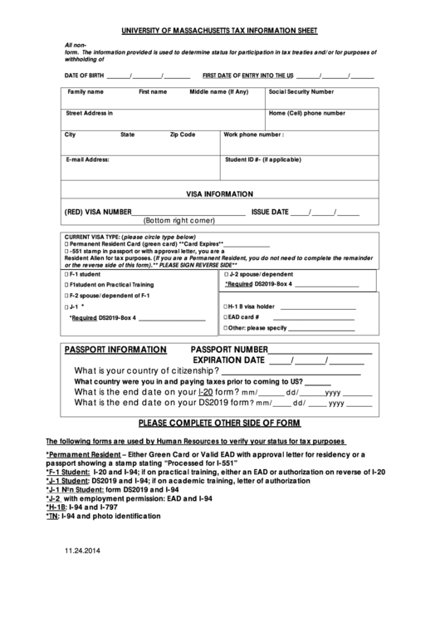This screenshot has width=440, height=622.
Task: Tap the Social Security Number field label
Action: (x=301, y=92)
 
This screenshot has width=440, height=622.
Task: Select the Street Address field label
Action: (x=89, y=113)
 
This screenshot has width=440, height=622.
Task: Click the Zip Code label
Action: (x=183, y=134)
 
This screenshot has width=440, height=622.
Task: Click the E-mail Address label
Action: (x=87, y=159)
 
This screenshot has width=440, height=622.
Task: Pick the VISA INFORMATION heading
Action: (x=219, y=193)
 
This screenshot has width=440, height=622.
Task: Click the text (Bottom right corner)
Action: (x=179, y=222)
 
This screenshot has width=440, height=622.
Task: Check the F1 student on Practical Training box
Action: (x=66, y=285)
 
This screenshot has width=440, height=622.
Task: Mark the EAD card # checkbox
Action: (x=225, y=317)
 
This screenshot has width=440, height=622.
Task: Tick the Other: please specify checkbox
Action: (x=225, y=328)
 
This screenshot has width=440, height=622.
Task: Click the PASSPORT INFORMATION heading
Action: (x=115, y=350)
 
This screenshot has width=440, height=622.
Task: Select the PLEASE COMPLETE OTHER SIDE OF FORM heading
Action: (x=218, y=422)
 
